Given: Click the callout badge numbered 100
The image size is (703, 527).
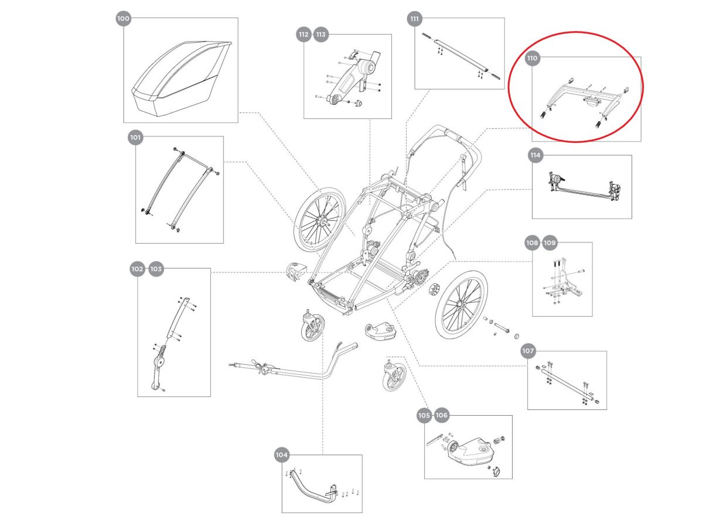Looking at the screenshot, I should point(123,19).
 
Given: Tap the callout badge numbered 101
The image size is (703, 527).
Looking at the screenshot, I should point(135,138).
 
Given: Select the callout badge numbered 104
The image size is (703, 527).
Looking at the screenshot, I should point(282,454).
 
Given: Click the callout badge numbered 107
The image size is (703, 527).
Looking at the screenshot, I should point(528,351).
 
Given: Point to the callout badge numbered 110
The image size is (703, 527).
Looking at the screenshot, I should point(532,59).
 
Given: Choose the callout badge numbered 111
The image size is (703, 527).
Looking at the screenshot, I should point(415,19).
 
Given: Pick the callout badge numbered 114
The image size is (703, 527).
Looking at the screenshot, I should point(534,156).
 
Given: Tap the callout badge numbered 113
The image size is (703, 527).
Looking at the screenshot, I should point(321,35).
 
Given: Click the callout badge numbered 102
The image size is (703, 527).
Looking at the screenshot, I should point(137,269).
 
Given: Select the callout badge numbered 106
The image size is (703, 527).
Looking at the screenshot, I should point(442,415).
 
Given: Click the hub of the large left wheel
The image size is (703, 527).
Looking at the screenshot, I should point(322,222).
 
